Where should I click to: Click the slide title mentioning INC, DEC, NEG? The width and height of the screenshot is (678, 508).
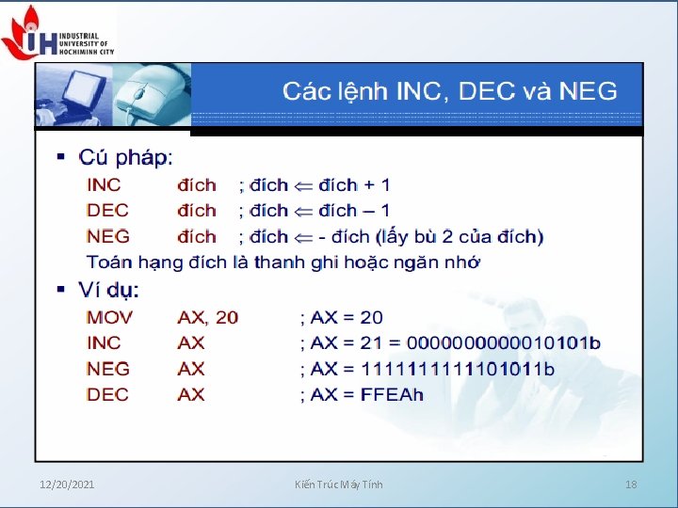450,91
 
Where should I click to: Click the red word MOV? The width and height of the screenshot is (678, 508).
110,317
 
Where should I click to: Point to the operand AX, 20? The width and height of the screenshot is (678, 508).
208,317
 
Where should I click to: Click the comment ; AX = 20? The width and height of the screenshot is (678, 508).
341,317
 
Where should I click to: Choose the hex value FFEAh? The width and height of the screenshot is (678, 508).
393,394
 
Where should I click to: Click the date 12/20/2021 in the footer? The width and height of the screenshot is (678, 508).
67,484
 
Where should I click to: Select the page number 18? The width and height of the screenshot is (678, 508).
632,484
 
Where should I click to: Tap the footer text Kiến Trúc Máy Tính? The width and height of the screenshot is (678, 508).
338,484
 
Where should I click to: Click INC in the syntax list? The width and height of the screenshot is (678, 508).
104,184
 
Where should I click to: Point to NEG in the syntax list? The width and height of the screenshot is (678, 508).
108,236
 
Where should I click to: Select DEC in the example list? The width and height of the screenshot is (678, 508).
108,394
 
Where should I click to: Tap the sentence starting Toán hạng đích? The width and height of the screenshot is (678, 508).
282,262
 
